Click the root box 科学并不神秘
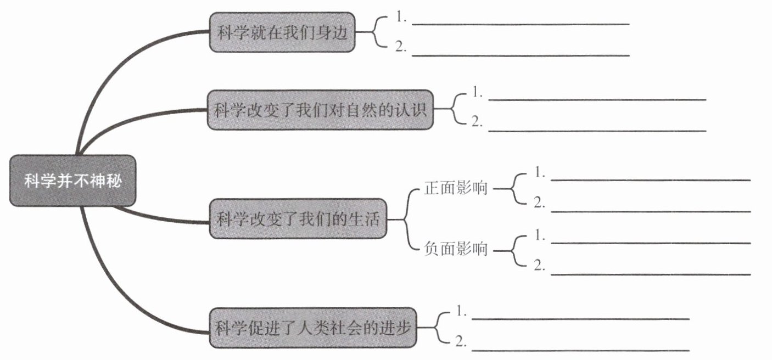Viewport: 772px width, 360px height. click(x=72, y=181)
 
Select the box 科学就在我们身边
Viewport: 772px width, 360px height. click(x=282, y=32)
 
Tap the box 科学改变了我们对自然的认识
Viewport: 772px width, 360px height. click(x=320, y=110)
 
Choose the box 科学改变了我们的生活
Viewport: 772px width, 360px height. click(x=298, y=219)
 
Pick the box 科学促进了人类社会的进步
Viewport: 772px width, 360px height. click(x=312, y=328)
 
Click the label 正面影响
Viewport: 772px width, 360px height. click(x=456, y=188)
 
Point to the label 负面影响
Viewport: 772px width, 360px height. click(x=456, y=250)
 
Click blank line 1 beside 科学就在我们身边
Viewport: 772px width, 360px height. click(x=520, y=23)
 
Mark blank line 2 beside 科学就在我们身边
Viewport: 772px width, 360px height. click(x=520, y=54)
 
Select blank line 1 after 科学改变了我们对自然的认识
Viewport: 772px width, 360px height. click(x=597, y=99)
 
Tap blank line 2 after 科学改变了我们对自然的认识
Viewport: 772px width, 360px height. click(x=597, y=130)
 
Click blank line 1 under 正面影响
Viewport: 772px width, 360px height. click(x=650, y=179)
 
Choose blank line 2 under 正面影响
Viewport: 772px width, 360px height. click(x=650, y=210)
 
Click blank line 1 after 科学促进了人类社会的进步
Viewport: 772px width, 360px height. click(x=580, y=318)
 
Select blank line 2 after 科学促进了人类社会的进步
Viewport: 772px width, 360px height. click(x=580, y=349)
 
